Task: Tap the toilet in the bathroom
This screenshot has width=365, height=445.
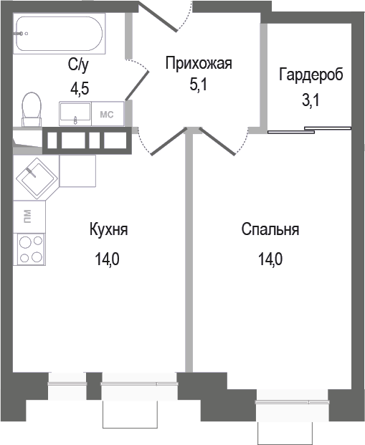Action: [x=31, y=109]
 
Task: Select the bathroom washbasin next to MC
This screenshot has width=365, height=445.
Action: [x=75, y=113]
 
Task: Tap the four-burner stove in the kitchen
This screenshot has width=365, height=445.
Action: [x=29, y=250]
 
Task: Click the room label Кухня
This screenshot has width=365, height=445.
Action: [x=109, y=230]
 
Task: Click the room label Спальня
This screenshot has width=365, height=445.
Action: [x=270, y=230]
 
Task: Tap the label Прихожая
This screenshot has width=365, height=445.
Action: [x=199, y=64]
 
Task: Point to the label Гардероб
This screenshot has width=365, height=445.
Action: [x=311, y=75]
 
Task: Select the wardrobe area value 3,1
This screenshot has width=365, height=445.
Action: [x=310, y=100]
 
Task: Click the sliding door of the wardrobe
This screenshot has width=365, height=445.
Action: [x=310, y=130]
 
